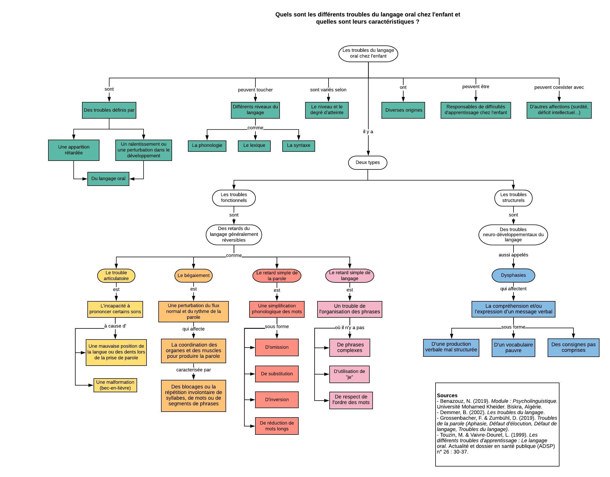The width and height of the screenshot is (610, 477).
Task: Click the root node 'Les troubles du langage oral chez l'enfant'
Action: (x=368, y=53)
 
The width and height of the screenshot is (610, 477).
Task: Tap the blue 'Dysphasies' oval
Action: (x=513, y=275)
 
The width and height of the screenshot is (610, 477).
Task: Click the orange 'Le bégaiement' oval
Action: (x=193, y=275)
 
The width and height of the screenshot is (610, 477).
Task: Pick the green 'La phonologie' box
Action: (x=207, y=146)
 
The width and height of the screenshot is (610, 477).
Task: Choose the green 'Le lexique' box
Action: (x=254, y=146)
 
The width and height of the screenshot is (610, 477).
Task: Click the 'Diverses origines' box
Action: (x=403, y=110)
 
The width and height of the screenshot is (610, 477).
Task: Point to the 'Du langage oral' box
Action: (x=108, y=179)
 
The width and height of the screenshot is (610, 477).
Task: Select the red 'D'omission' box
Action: (x=277, y=347)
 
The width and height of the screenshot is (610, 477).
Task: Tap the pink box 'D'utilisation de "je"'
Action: (x=349, y=374)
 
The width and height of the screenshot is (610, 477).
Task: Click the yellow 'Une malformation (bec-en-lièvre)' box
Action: (x=115, y=385)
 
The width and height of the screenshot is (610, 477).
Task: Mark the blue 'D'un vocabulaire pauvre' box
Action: (x=513, y=348)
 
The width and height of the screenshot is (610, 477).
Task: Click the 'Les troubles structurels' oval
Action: (x=513, y=197)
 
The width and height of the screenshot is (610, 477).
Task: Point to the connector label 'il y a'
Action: (x=368, y=132)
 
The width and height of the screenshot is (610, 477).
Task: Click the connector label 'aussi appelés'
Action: (x=513, y=255)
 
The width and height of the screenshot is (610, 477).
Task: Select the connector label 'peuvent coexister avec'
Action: (x=559, y=87)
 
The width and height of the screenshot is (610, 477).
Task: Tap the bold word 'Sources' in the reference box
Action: (x=447, y=395)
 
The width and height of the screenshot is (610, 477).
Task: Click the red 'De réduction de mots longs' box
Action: (x=277, y=426)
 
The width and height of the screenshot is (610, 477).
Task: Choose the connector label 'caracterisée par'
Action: (x=193, y=370)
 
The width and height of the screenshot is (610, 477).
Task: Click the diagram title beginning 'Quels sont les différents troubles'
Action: (x=368, y=18)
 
